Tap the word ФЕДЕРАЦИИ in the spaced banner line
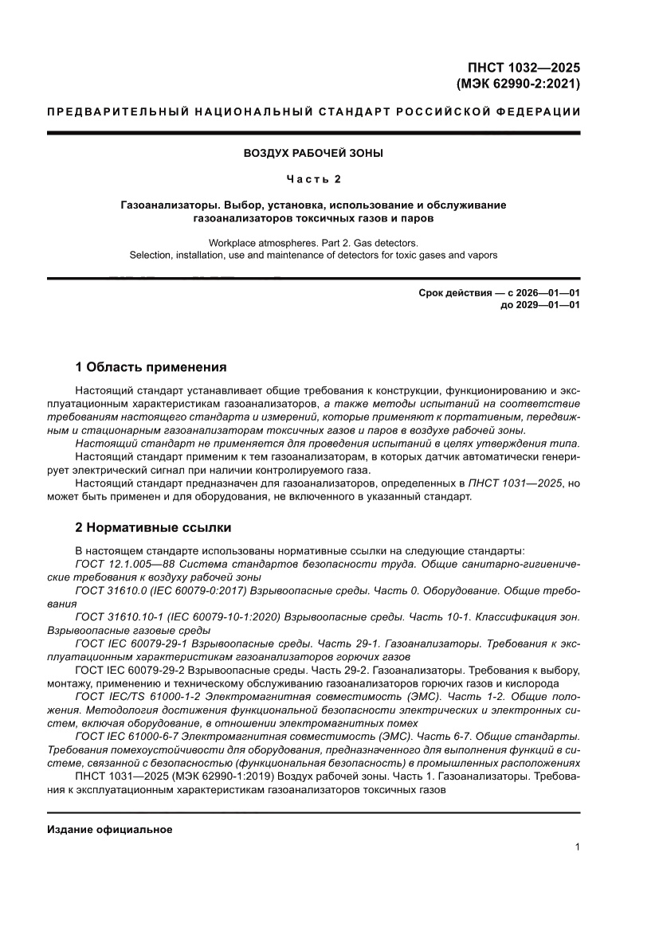(x=540, y=111)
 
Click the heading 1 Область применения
(x=151, y=367)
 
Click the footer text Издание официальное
(x=110, y=830)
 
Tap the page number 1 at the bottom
(x=576, y=847)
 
